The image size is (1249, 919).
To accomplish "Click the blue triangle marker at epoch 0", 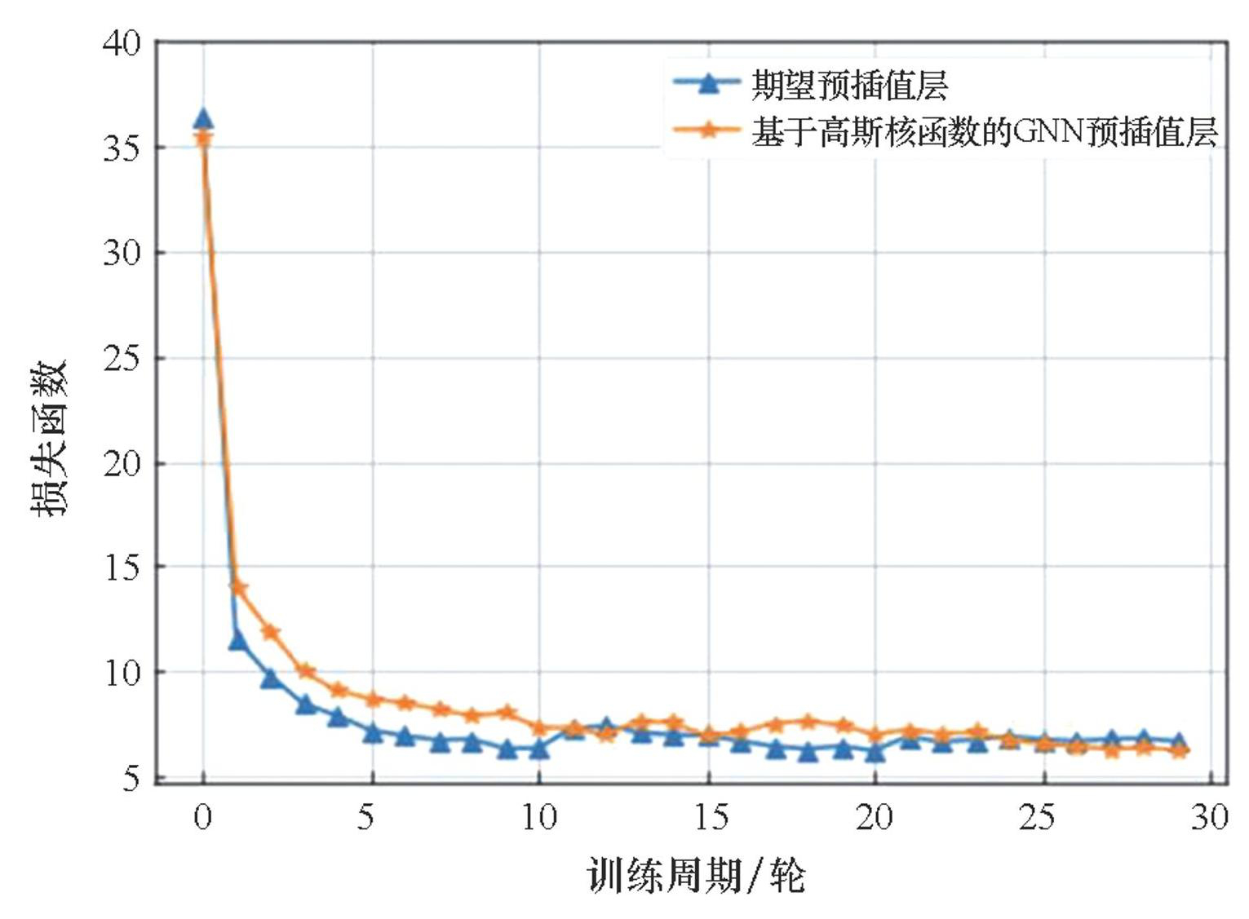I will pos(203,120).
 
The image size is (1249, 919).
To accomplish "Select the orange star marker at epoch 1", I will pos(238,588).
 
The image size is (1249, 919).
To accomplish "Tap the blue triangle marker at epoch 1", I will pos(237,641).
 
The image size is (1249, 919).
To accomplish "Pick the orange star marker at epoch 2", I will pos(271,632).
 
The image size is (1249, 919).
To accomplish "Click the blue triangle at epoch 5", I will pos(372,733).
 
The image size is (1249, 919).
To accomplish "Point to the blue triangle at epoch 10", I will pos(538,748).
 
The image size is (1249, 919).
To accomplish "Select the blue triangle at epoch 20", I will pos(875,752).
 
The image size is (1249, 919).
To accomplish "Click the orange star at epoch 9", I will pos(507,713).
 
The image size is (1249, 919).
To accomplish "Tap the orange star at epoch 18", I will pos(808,721).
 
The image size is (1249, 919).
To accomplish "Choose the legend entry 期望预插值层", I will pos(849,85).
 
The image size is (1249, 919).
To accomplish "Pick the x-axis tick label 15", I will pos(710,816).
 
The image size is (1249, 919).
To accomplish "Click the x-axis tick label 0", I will pos(203,816).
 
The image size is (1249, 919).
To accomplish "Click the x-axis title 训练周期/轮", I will pos(696,876).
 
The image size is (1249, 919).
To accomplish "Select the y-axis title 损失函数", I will pos(49,438).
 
